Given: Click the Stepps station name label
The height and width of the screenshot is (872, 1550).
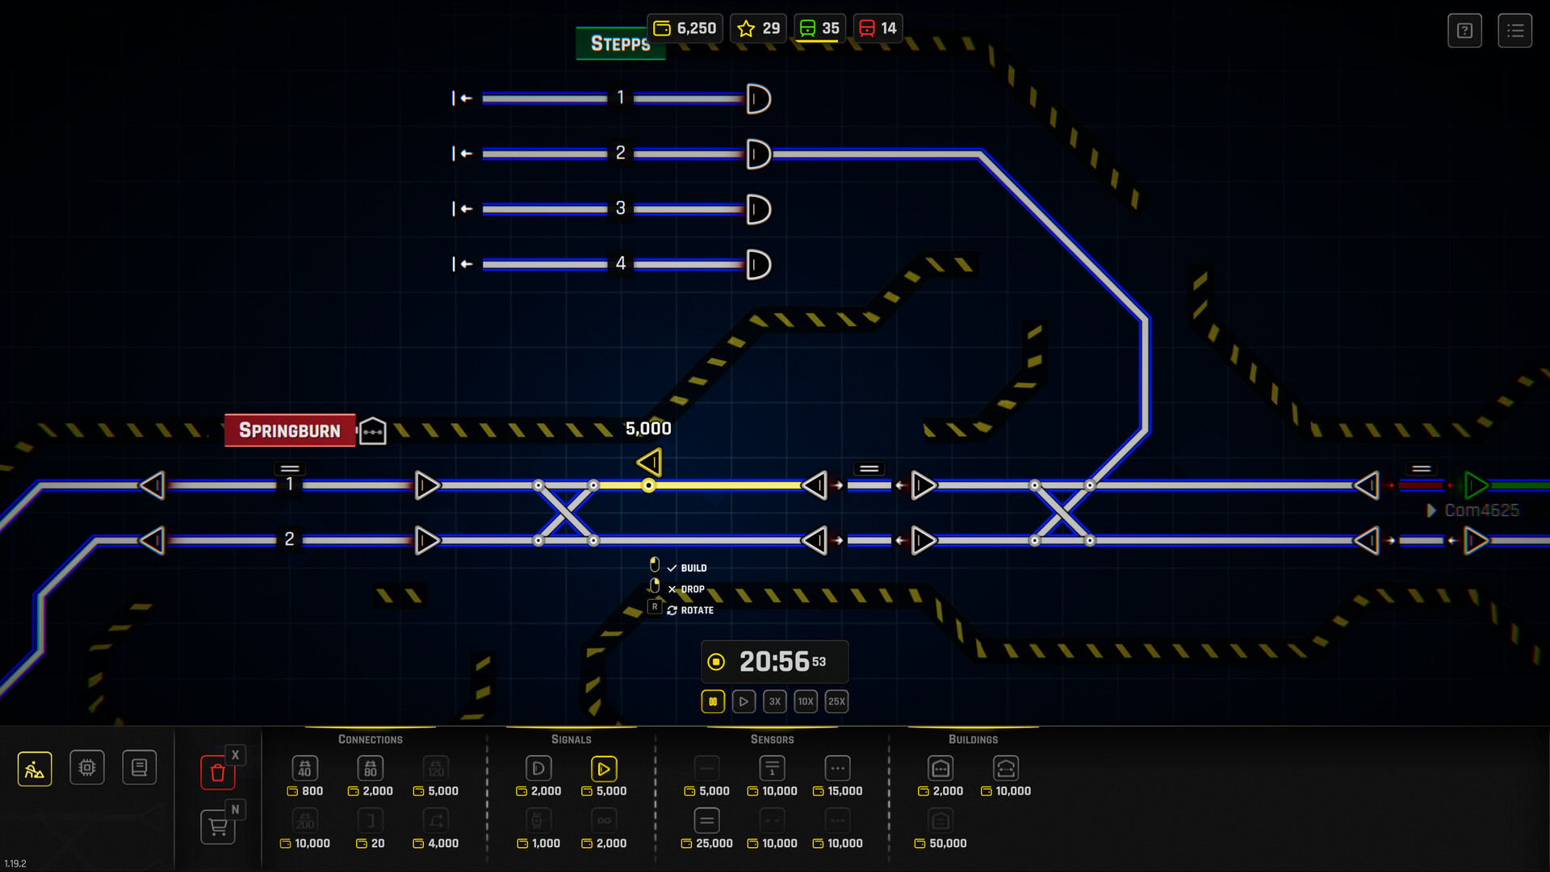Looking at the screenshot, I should [619, 44].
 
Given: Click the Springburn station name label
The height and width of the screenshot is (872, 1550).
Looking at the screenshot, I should [290, 430].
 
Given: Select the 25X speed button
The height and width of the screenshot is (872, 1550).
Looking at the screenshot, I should [836, 702].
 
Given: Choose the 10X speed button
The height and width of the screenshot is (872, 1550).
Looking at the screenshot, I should [805, 702].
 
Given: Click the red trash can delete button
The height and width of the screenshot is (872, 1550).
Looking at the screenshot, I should [217, 773].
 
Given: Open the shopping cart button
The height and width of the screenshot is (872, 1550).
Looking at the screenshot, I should [217, 827].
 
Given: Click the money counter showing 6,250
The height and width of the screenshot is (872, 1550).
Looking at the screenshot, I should [685, 28].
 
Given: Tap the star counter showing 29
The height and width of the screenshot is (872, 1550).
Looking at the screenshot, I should [759, 28].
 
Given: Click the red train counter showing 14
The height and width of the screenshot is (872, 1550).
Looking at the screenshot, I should [878, 28].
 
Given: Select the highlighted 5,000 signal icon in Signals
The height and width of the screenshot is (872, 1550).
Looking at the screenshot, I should [603, 769].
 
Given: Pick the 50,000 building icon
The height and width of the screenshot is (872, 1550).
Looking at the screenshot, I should [940, 821].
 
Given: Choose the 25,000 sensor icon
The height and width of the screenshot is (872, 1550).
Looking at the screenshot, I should [706, 821].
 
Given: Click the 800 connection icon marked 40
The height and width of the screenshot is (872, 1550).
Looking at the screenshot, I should [304, 769].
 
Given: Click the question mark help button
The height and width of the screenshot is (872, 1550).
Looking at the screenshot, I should [1464, 31].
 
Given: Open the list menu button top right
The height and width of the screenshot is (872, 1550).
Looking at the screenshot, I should [1514, 31].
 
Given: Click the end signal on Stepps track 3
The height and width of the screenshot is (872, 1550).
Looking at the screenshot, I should [758, 209].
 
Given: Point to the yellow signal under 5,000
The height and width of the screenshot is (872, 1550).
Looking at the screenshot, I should [649, 463].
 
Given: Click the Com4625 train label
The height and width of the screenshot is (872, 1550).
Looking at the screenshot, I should [1481, 510].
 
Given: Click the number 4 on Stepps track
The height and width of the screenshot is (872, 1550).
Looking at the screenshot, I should [620, 263].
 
